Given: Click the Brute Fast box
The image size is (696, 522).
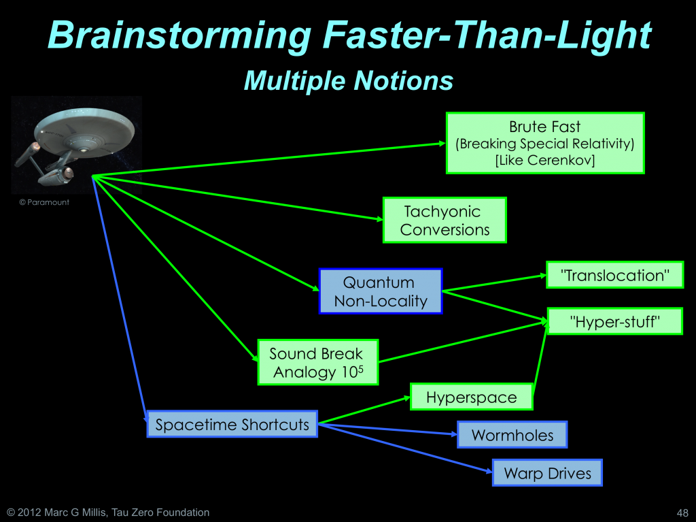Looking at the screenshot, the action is pos(545,143).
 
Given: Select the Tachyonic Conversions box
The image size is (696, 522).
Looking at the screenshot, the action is pos(445,220).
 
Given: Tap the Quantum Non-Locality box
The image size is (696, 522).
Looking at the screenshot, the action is pos(381,291).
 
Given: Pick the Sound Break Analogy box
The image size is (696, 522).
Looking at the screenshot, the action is pos(318,362).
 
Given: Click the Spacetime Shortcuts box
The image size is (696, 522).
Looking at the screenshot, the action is pos(232,424).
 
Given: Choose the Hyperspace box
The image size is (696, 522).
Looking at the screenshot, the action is pos(472,397).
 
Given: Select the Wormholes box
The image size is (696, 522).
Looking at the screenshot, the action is pos(512,434).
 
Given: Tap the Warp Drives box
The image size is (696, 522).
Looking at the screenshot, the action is pos(547,472).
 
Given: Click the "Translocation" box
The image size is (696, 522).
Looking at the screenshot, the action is pos(614,275).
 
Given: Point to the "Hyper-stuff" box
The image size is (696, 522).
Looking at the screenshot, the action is pos(614,321).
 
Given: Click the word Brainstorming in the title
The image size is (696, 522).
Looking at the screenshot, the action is pos(179,35).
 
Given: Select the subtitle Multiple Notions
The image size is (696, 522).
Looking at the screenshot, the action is pos(349,80).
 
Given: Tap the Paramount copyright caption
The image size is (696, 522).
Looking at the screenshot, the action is pos(44,202).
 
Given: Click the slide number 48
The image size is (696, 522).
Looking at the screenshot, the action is pos(682,512).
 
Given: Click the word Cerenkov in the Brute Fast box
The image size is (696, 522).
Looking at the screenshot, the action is pos(561,160).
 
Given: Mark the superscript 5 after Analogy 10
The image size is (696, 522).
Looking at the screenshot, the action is pos(360,368).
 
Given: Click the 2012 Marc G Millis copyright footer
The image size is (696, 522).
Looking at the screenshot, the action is pos(108,512).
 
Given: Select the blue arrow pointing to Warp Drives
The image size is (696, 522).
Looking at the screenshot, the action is pos(406,448).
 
